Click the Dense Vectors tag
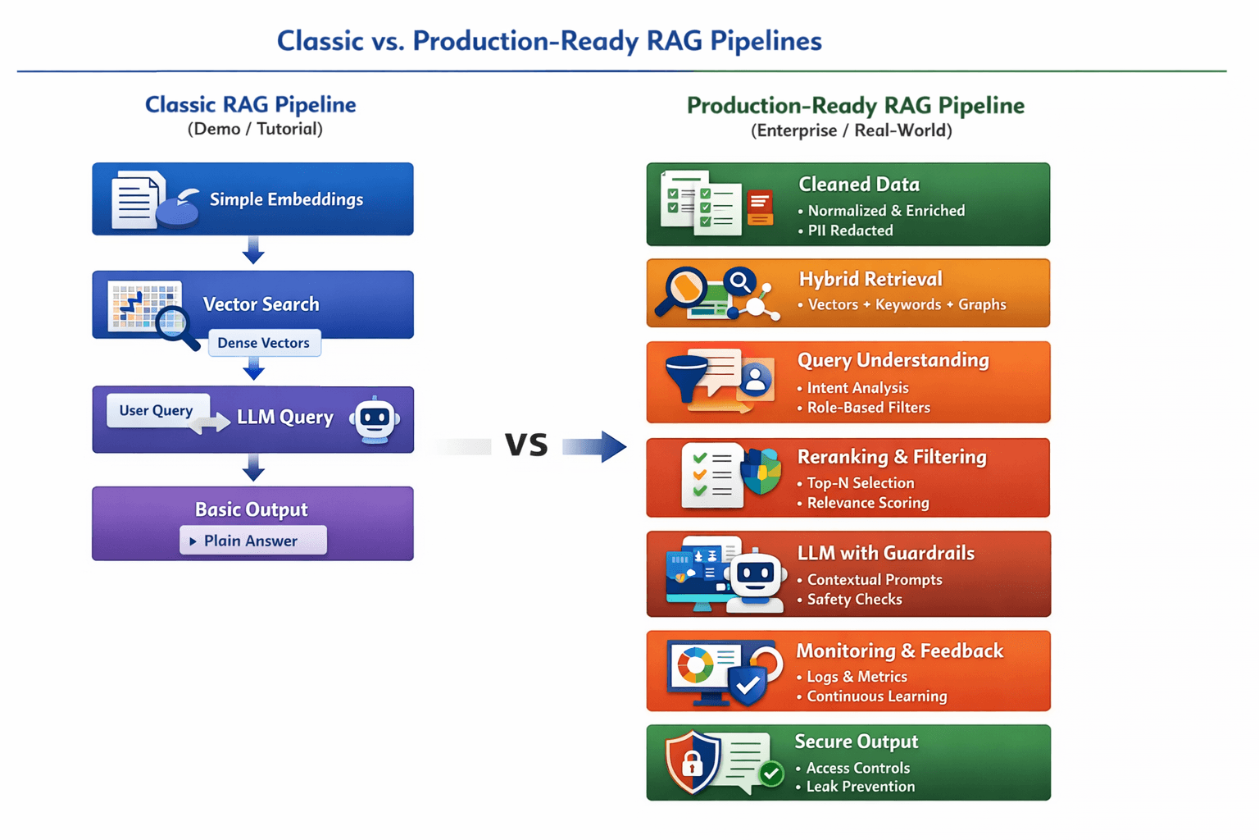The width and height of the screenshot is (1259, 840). [x=264, y=343]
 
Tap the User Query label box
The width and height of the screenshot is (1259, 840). [x=157, y=410]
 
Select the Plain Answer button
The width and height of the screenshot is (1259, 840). [x=252, y=541]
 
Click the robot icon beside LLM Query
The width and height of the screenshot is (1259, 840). [x=375, y=420]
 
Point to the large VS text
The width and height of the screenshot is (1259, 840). [x=526, y=445]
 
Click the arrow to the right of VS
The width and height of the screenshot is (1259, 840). [x=595, y=446]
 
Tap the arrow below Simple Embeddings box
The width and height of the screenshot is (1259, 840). [x=253, y=249]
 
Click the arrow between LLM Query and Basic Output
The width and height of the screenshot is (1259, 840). [x=253, y=468]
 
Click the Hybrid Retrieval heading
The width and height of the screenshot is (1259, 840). [x=870, y=279]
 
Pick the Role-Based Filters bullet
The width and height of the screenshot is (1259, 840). [x=867, y=408]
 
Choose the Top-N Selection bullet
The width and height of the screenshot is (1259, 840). [x=860, y=483]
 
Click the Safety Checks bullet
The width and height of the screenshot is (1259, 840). [x=853, y=600]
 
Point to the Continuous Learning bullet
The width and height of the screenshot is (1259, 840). [x=876, y=696]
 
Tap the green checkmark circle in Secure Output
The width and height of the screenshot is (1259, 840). [x=771, y=774]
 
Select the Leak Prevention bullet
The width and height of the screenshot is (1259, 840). [x=860, y=787]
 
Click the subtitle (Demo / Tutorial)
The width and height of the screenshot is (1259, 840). [x=255, y=129]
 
